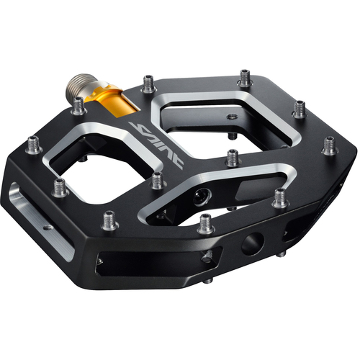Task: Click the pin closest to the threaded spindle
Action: (x=78, y=106)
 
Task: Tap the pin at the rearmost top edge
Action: (x=245, y=76)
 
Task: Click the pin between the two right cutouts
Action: (x=231, y=156)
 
